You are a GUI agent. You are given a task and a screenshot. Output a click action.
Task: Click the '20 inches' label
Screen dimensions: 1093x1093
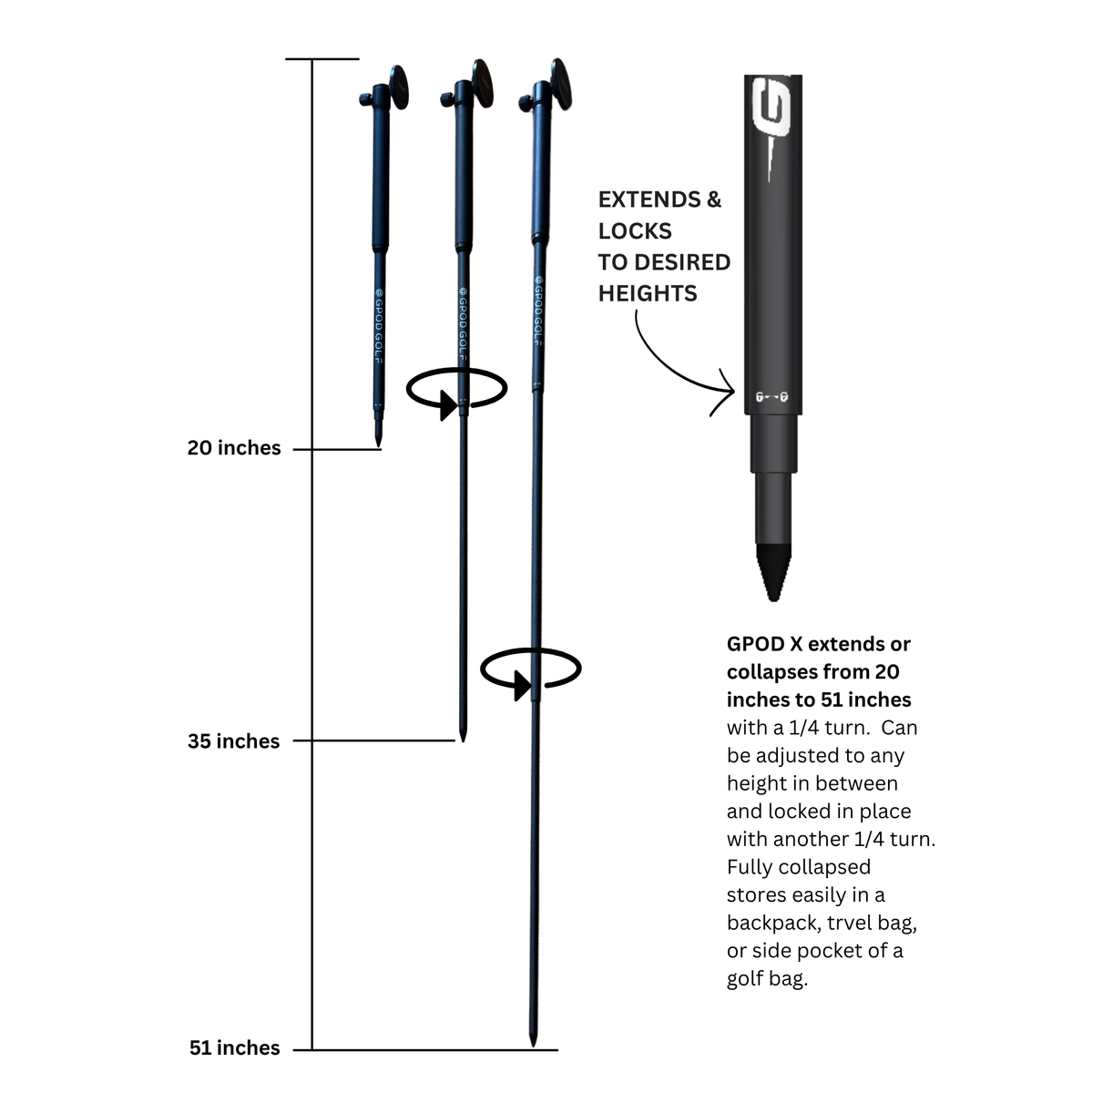pos(234,448)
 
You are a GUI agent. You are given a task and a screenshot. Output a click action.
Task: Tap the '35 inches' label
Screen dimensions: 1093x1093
pos(234,741)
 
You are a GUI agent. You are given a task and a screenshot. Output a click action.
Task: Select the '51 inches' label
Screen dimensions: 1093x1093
pos(234,1047)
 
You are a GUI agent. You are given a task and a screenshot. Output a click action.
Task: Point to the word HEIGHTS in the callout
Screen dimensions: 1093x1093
pos(648,294)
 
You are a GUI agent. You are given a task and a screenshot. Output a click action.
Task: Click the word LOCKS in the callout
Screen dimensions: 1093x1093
pos(635,230)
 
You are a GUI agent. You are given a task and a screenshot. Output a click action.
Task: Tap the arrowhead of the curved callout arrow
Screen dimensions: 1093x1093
pos(726,391)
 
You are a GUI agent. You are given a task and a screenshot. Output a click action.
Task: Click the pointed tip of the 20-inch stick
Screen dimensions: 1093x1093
pos(378,444)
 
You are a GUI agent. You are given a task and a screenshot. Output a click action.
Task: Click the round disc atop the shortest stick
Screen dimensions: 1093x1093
pos(398,87)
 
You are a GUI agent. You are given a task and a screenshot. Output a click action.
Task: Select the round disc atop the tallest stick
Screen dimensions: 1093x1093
pos(561,84)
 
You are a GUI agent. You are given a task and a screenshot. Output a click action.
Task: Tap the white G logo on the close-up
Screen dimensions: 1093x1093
pos(771,107)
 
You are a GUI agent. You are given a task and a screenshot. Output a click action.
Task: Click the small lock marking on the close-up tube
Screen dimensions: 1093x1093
pos(771,397)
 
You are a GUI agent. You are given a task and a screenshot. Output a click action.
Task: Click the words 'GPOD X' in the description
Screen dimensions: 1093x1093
pos(764,644)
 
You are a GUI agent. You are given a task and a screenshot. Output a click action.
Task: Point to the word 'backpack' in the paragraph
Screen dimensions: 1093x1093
pos(772,923)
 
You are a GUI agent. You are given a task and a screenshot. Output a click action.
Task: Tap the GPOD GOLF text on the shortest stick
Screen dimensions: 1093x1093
pos(379,325)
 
